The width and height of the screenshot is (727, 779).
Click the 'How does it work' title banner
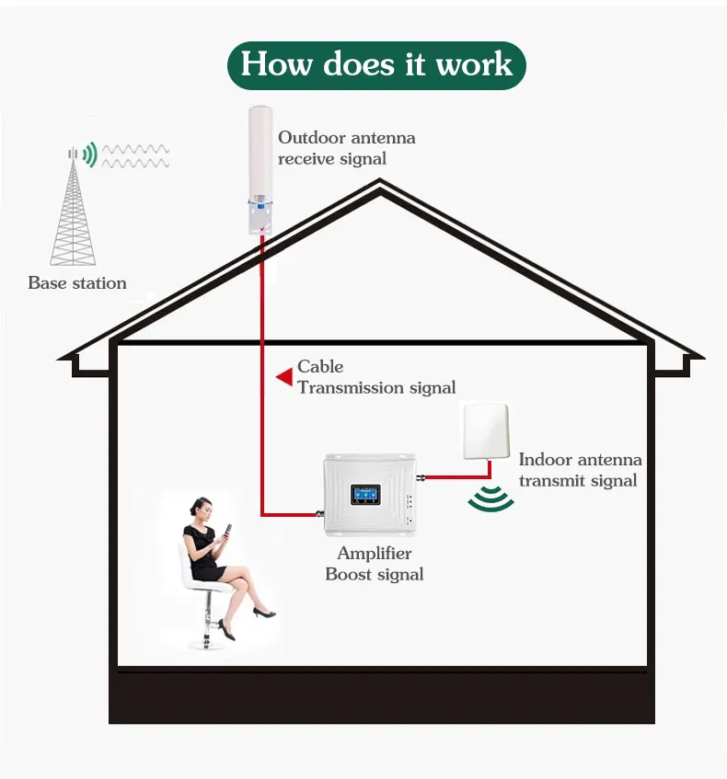click(x=375, y=64)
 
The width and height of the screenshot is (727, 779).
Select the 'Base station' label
click(x=77, y=283)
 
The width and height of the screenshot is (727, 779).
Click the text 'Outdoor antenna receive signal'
click(x=346, y=148)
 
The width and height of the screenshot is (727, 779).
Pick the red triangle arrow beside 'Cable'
click(x=284, y=374)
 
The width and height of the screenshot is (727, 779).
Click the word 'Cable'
click(x=320, y=367)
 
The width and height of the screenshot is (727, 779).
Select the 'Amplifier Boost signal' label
click(x=375, y=564)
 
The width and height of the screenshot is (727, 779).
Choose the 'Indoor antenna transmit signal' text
click(x=580, y=470)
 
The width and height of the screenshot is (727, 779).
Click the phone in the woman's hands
click(x=227, y=531)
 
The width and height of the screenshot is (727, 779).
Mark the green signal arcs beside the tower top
click(x=89, y=155)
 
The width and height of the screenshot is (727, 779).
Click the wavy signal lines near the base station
click(x=134, y=155)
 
